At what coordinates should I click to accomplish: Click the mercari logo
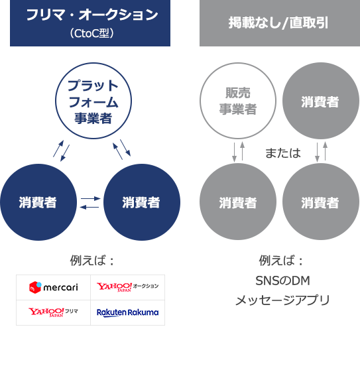point(54,287)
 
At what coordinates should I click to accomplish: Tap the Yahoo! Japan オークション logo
point(127,286)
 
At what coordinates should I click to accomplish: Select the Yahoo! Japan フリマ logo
point(53,312)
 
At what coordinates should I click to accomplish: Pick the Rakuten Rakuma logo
point(127,313)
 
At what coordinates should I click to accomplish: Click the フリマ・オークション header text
point(92,15)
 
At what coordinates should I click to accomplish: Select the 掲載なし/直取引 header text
point(278,23)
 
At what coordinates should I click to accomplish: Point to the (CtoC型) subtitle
point(91,34)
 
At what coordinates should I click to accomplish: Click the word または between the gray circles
point(283,153)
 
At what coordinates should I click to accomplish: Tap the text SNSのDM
point(283,281)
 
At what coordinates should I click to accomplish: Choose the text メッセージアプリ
point(283,300)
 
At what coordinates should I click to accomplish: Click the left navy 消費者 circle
point(38,202)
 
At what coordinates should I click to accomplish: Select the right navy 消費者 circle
point(142,202)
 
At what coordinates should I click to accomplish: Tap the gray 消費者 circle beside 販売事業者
point(321,101)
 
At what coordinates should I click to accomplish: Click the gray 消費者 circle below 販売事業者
point(238,202)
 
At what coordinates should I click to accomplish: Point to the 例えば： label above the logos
point(92,261)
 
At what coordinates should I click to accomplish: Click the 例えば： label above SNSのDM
point(281,261)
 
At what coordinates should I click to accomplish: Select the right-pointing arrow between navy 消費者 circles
point(90,198)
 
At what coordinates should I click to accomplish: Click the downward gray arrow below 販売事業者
point(235,153)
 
